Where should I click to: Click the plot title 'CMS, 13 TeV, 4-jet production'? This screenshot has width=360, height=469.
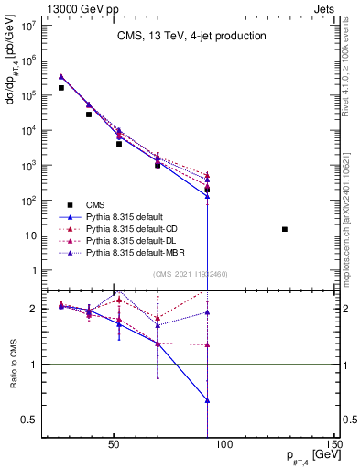[x=191, y=36]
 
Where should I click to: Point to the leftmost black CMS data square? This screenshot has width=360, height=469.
[x=61, y=88]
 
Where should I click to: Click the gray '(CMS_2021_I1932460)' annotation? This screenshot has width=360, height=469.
[x=191, y=274]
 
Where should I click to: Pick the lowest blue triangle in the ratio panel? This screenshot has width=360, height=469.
[x=208, y=400]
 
